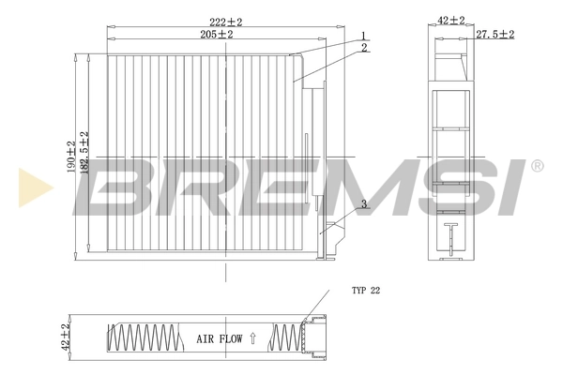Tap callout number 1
(x=361, y=36)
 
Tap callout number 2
(x=362, y=47)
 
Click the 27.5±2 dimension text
(x=494, y=34)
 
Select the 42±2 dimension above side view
(x=451, y=19)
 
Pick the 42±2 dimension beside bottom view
(x=65, y=336)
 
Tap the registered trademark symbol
(x=537, y=166)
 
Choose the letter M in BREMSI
(x=343, y=187)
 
